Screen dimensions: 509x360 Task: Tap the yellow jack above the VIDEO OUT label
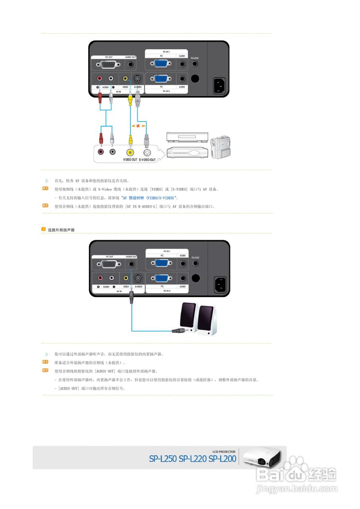tap(130, 152)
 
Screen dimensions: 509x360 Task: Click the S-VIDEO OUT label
tap(147, 159)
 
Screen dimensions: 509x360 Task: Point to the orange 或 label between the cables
tap(138, 126)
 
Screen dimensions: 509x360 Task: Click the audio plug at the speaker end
tap(178, 330)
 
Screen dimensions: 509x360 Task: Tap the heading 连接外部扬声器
tap(61, 230)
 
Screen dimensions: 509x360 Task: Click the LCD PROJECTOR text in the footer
tap(224, 451)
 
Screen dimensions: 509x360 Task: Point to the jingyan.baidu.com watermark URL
tap(296, 488)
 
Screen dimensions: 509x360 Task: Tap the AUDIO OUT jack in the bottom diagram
tap(131, 264)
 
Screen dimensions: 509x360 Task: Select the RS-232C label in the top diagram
tap(195, 58)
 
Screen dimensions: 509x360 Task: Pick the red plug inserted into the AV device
tap(101, 139)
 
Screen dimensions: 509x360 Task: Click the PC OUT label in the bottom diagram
tap(109, 257)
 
